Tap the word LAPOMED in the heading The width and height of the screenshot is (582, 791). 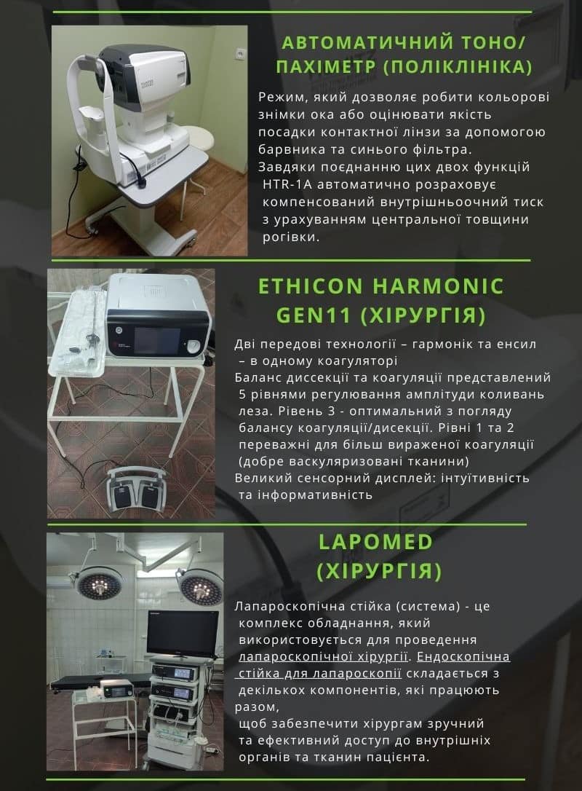click(x=375, y=542)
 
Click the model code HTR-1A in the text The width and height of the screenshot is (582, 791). click(x=287, y=184)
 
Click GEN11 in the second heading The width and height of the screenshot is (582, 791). click(x=314, y=315)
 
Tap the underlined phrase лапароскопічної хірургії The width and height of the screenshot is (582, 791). click(x=323, y=656)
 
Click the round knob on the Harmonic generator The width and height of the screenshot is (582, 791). click(x=194, y=346)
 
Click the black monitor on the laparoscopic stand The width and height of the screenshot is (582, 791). click(x=183, y=634)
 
